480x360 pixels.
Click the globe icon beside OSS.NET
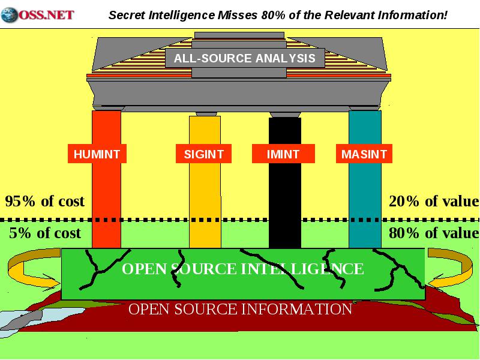pos(9,15)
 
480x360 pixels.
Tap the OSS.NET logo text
pos(47,15)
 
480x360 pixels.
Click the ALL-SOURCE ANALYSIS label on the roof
pos(245,58)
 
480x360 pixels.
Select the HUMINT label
pos(97,154)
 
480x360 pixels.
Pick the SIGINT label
pos(203,154)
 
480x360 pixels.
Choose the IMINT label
pos(283,154)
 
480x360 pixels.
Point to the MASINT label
pos(364,154)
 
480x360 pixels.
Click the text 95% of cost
pos(44,202)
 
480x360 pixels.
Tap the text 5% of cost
pos(45,233)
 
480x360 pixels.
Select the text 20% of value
pos(434,202)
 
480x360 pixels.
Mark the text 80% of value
pos(434,233)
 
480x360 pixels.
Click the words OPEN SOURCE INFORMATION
pos(241,309)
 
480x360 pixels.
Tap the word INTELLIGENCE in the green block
pos(302,269)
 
